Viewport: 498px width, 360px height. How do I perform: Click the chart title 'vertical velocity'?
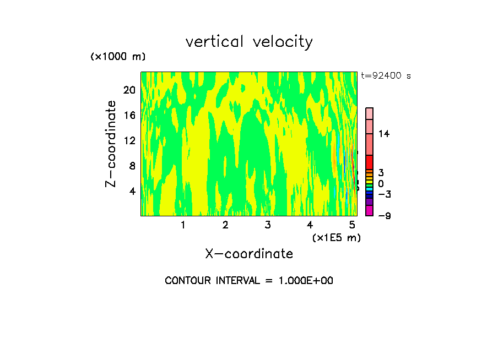pyautogui.click(x=249, y=42)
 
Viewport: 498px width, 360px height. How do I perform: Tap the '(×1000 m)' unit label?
pyautogui.click(x=118, y=57)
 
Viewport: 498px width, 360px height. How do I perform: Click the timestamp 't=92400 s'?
pyautogui.click(x=386, y=76)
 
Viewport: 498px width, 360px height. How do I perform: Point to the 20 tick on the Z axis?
pyautogui.click(x=129, y=90)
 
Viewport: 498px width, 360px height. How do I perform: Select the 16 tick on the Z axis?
pyautogui.click(x=129, y=115)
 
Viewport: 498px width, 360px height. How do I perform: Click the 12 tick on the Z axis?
pyautogui.click(x=129, y=140)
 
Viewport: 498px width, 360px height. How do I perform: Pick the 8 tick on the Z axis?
pyautogui.click(x=132, y=166)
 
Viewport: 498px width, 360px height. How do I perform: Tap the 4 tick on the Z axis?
pyautogui.click(x=132, y=191)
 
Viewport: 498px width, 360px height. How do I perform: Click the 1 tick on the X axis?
pyautogui.click(x=183, y=225)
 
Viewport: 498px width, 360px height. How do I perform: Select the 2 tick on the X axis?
pyautogui.click(x=225, y=225)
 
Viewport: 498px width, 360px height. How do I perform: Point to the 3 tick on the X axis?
pyautogui.click(x=268, y=225)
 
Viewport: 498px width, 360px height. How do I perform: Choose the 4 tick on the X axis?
pyautogui.click(x=310, y=225)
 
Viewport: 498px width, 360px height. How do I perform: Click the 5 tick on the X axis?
pyautogui.click(x=353, y=225)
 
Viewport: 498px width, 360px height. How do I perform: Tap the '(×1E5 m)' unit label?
pyautogui.click(x=336, y=237)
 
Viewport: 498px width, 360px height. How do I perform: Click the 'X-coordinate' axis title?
pyautogui.click(x=249, y=254)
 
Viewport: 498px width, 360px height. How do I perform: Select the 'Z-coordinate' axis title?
pyautogui.click(x=111, y=144)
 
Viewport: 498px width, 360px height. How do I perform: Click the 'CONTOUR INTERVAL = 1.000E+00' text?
pyautogui.click(x=249, y=281)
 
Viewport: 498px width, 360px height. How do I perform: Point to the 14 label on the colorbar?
pyautogui.click(x=384, y=134)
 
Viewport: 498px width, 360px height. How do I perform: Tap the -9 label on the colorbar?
pyautogui.click(x=384, y=215)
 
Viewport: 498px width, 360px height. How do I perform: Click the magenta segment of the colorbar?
pyautogui.click(x=370, y=210)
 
